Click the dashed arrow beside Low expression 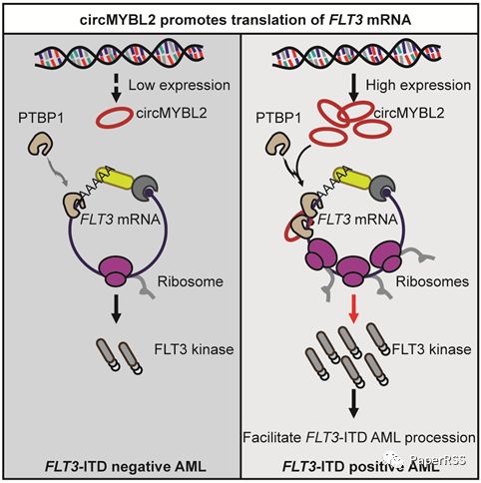pyautogui.click(x=116, y=88)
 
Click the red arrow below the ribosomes pyautogui.click(x=354, y=308)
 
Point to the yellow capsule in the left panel pyautogui.click(x=114, y=178)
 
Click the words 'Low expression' pyautogui.click(x=180, y=86)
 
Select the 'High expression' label pyautogui.click(x=418, y=86)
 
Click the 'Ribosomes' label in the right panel pyautogui.click(x=432, y=281)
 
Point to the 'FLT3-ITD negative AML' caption pyautogui.click(x=126, y=467)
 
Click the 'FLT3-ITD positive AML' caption pyautogui.click(x=361, y=467)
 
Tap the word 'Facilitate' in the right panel pyautogui.click(x=271, y=437)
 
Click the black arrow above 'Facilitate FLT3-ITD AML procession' pyautogui.click(x=354, y=403)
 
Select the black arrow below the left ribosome pyautogui.click(x=116, y=308)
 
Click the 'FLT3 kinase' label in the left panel pyautogui.click(x=194, y=349)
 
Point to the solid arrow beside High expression pyautogui.click(x=354, y=88)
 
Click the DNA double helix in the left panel pyautogui.click(x=119, y=54)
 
